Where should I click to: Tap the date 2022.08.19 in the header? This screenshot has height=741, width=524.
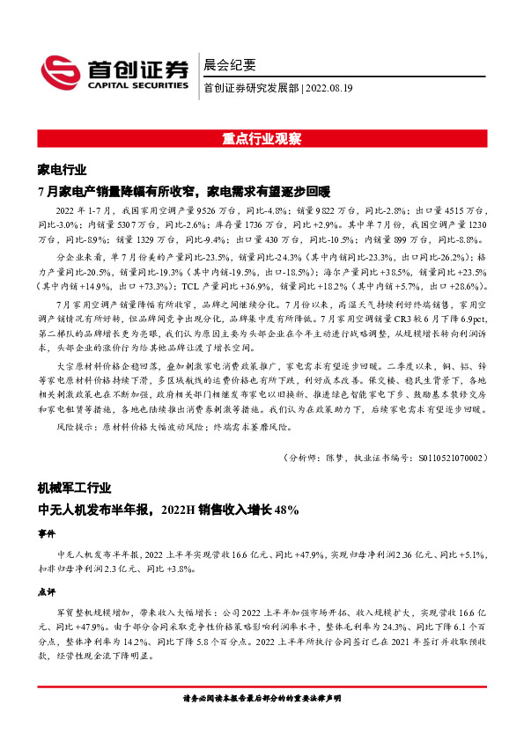329,88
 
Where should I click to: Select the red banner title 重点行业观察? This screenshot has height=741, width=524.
262,139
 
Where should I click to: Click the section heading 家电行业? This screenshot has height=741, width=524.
62,169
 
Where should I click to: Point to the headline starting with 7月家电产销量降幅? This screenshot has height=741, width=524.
183,190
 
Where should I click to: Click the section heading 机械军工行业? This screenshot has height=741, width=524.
74,487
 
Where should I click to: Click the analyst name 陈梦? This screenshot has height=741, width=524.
336,458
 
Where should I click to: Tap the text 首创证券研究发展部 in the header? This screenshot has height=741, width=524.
250,88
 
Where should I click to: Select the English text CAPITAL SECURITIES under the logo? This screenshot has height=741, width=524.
137,86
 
